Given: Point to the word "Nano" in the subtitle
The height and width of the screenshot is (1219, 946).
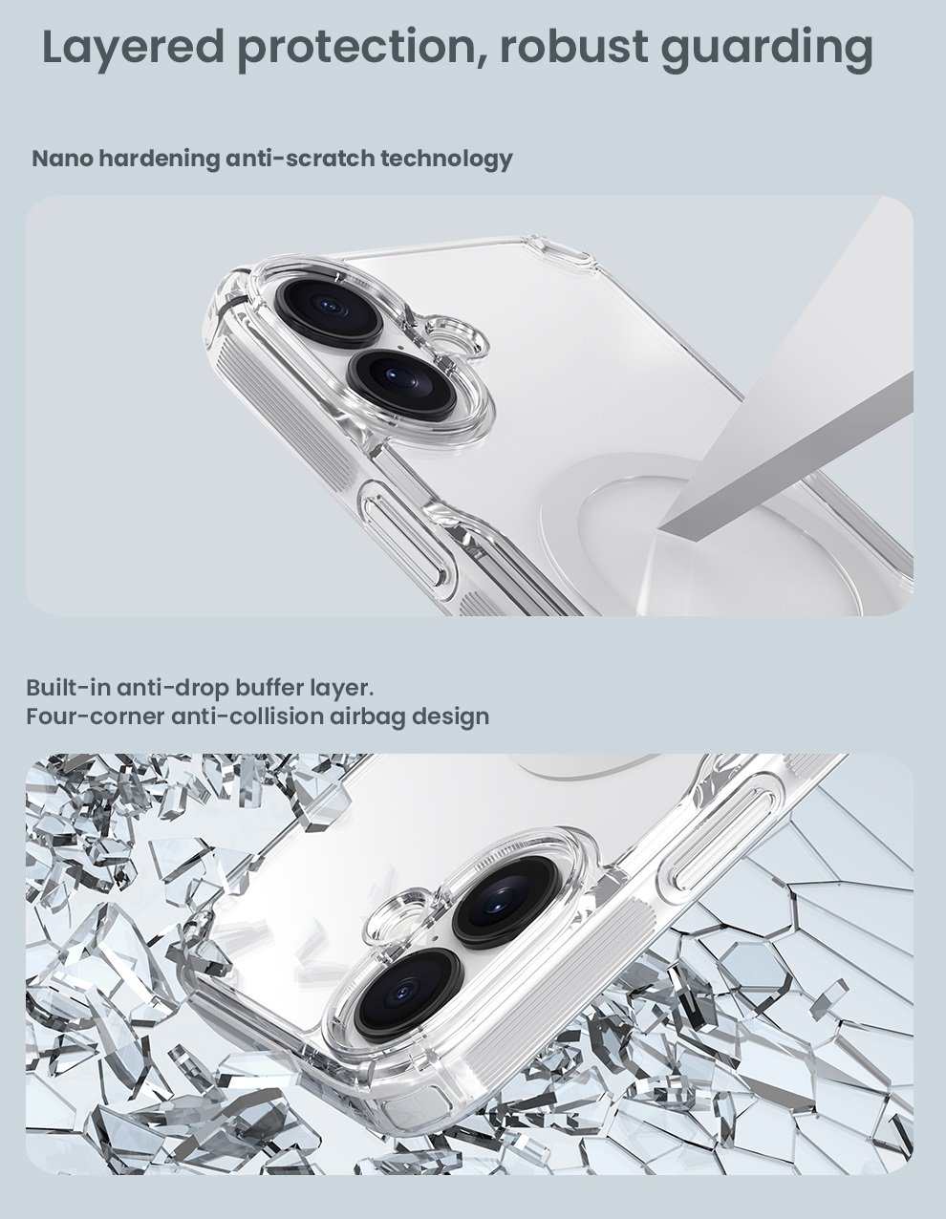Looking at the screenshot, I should [62, 158].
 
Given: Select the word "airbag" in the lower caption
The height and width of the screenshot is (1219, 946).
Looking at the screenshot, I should [364, 716].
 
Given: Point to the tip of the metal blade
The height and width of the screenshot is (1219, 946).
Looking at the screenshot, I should [669, 524].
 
